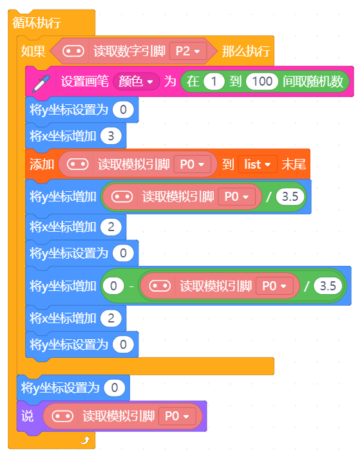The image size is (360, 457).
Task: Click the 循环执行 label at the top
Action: (x=37, y=23)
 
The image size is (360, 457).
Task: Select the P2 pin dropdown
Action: (x=188, y=51)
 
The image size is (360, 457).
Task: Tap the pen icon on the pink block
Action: (x=41, y=84)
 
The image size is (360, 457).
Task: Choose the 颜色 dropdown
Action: (x=136, y=81)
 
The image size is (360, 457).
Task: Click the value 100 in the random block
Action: (x=261, y=81)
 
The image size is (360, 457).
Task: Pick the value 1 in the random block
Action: (x=214, y=81)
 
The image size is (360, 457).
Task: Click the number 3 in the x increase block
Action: (x=111, y=136)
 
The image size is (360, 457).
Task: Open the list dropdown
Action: (x=258, y=164)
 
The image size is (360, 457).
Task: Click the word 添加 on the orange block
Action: (x=42, y=164)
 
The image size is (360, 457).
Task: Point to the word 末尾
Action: (x=294, y=164)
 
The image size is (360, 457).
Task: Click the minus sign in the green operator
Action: (x=131, y=286)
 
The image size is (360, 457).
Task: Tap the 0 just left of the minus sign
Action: (x=113, y=286)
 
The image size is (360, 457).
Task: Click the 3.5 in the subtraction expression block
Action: (x=328, y=286)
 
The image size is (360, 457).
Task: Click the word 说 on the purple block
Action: (x=28, y=416)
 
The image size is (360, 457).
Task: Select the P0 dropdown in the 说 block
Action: (x=177, y=416)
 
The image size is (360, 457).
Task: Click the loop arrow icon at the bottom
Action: (x=85, y=440)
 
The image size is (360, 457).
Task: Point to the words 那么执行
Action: (x=246, y=51)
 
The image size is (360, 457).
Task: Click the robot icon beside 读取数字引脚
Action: (x=73, y=51)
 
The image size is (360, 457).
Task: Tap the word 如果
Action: (x=33, y=51)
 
